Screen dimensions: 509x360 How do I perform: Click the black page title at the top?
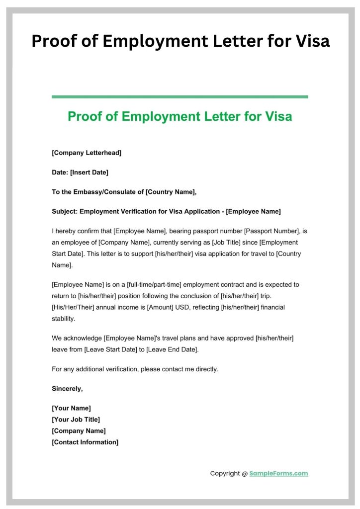(x=180, y=41)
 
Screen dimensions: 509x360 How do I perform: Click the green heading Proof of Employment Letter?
(x=180, y=116)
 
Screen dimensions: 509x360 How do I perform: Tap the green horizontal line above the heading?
(x=180, y=97)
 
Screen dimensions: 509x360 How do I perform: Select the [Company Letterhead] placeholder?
(x=87, y=153)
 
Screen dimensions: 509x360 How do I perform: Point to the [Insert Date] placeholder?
(x=89, y=172)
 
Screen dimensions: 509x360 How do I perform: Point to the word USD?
(x=184, y=307)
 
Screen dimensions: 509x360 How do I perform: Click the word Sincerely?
(x=67, y=388)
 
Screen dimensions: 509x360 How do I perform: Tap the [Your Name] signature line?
(x=71, y=408)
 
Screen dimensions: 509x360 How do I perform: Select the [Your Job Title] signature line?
(x=76, y=420)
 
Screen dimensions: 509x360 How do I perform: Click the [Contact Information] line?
(x=85, y=442)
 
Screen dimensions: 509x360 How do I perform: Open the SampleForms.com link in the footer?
(x=278, y=473)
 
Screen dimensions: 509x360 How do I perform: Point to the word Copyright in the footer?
(x=225, y=473)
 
